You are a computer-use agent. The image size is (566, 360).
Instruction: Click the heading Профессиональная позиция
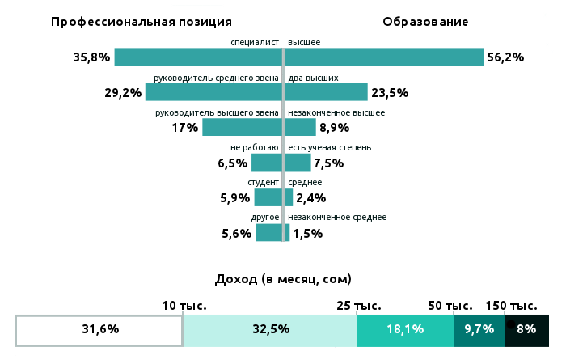click(141, 22)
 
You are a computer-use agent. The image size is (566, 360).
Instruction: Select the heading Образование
click(425, 22)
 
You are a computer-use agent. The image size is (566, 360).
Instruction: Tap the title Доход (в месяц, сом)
click(283, 279)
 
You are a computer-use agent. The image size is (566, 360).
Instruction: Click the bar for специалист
click(197, 57)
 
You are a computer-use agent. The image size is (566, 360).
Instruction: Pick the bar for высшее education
click(385, 57)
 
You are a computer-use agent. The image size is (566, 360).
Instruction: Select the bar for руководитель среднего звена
click(213, 92)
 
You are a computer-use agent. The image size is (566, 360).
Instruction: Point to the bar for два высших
click(327, 92)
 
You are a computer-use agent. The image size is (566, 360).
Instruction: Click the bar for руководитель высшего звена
click(242, 128)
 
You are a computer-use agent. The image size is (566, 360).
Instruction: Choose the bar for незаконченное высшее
click(301, 128)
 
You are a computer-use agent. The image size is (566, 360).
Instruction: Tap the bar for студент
click(268, 198)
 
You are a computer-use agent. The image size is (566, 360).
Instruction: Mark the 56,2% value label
click(505, 57)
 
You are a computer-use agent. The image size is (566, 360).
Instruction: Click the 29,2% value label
click(123, 93)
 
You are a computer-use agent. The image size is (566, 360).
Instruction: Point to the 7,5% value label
click(328, 163)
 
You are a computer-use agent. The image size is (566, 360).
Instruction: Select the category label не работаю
click(255, 148)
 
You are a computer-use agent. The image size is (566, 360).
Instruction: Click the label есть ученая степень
click(330, 148)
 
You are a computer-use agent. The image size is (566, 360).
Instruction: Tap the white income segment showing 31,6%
click(99, 330)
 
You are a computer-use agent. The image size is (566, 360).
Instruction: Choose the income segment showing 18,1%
click(405, 330)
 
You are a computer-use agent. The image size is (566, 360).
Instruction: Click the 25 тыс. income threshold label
click(358, 306)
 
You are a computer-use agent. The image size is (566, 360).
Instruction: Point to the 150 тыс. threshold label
click(511, 306)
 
